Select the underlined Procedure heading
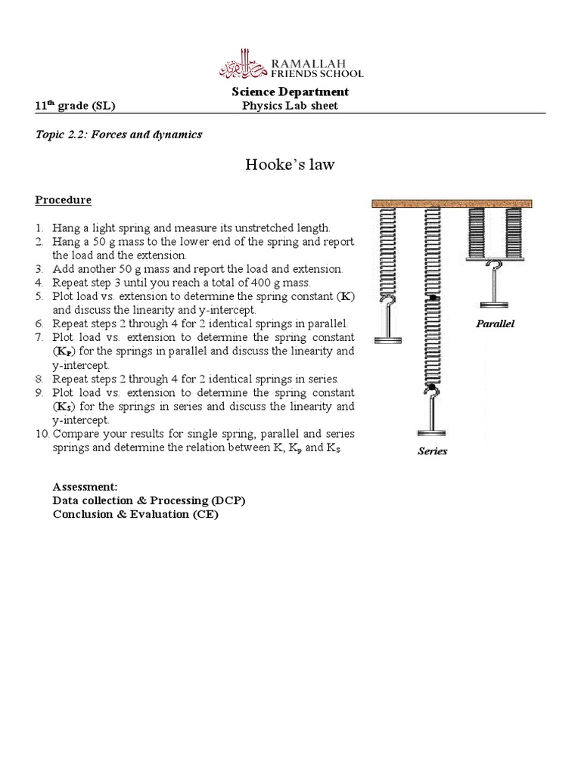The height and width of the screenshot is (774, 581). coord(63,200)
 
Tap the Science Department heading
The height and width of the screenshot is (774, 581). coord(290,92)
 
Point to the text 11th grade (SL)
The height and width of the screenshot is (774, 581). coord(76,106)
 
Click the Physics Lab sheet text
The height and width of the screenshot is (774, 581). coord(290,106)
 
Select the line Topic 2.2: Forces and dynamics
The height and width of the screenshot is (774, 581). coord(119,135)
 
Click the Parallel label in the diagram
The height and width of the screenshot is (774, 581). coord(494,324)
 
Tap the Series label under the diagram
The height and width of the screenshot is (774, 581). coord(433,451)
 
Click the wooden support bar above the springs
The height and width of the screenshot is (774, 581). coord(452,203)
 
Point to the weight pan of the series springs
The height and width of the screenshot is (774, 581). coord(433,433)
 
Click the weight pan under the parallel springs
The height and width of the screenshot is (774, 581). coord(495,303)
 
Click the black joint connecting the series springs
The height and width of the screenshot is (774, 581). coord(432,300)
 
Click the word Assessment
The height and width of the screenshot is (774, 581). coord(85,487)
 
